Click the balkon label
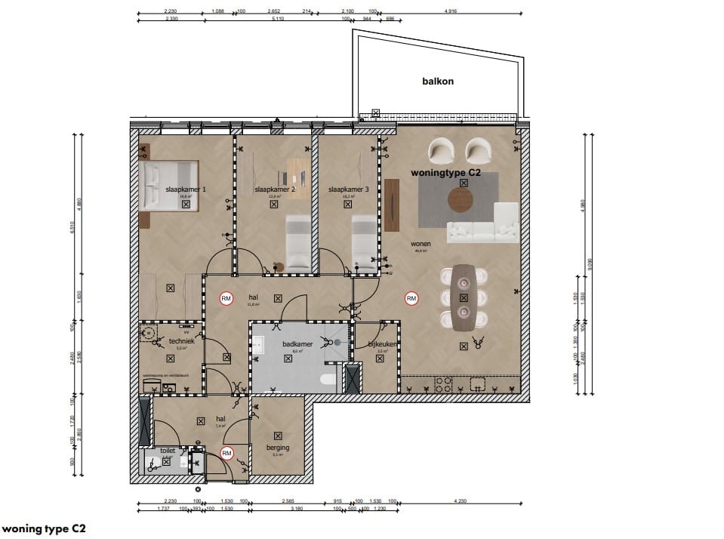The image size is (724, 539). [438, 82]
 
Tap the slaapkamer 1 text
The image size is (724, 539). [186, 190]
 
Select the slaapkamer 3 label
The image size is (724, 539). [348, 190]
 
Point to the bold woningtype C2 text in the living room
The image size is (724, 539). [455, 173]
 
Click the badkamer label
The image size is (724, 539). [292, 343]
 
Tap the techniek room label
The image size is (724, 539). [182, 341]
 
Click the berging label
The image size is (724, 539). [279, 448]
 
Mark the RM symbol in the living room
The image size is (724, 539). [411, 299]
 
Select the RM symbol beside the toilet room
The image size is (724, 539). [226, 453]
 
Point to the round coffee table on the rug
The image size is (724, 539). [461, 200]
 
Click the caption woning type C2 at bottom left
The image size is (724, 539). [44, 528]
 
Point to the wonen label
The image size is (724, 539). [421, 245]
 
